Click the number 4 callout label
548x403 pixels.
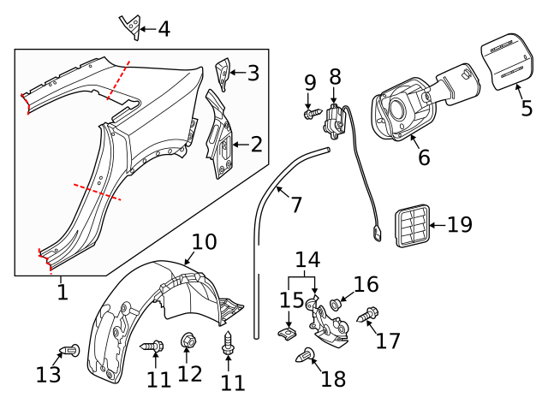(x=162, y=29)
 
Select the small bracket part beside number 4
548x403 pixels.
(x=130, y=27)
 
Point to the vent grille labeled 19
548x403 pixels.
(x=410, y=226)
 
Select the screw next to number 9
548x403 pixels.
(x=311, y=112)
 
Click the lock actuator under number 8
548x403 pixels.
(x=332, y=121)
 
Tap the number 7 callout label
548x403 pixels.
(x=296, y=204)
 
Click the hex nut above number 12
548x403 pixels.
(x=189, y=341)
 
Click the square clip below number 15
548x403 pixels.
(x=288, y=329)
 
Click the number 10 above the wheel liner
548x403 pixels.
(x=204, y=241)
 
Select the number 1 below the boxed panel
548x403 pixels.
(x=62, y=292)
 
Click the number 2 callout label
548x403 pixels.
(x=257, y=145)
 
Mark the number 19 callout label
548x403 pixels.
(x=459, y=225)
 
